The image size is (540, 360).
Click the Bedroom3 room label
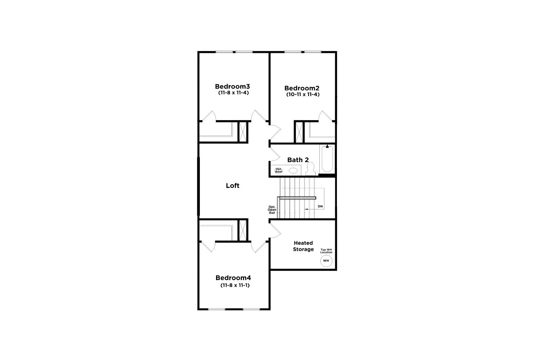[233, 86]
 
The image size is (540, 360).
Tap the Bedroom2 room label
[302, 88]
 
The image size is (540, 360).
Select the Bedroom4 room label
[233, 278]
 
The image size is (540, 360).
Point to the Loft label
[233, 185]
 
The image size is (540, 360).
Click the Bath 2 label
[298, 160]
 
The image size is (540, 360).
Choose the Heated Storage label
[303, 246]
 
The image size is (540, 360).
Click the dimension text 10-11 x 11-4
[303, 95]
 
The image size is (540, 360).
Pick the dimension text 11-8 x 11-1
[235, 285]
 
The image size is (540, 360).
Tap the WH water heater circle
[326, 261]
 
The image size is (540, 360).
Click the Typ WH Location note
[326, 251]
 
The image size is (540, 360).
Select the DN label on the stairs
[320, 206]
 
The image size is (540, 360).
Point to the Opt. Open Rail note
[272, 210]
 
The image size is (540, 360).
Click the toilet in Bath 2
[310, 168]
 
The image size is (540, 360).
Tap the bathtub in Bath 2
[327, 159]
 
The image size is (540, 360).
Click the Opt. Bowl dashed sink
[279, 171]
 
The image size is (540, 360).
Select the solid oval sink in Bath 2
[293, 171]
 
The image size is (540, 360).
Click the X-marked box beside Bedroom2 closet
[299, 132]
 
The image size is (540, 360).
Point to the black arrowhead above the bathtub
[327, 146]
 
